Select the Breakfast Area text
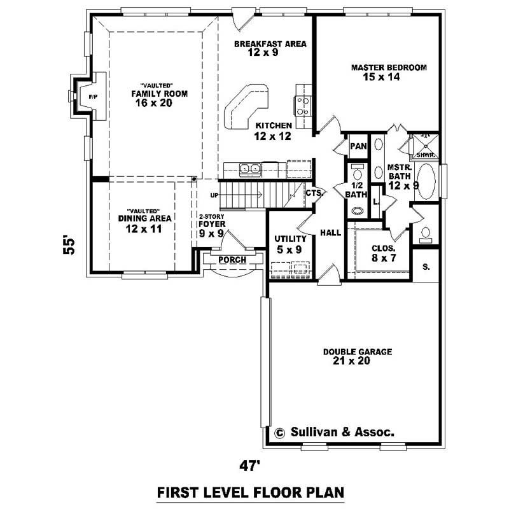[270, 48]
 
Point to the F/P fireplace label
[94, 97]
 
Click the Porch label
[232, 260]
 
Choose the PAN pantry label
[359, 146]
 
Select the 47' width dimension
[251, 466]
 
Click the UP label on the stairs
[214, 195]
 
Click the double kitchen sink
[249, 169]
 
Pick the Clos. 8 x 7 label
[384, 253]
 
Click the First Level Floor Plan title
[251, 492]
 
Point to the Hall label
[331, 234]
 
